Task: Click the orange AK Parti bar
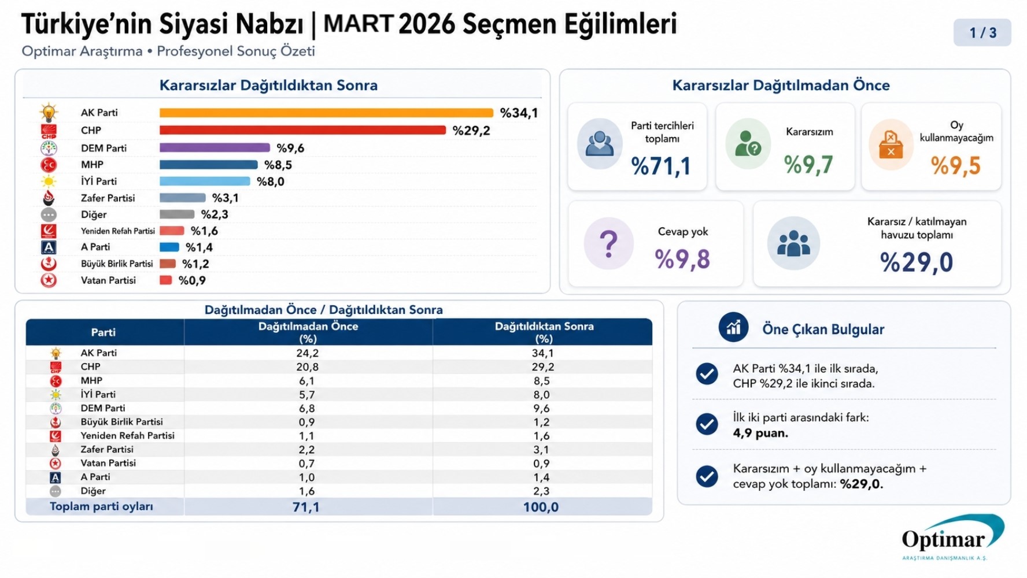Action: (326, 113)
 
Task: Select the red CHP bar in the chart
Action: (302, 130)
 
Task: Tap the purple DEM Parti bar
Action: (215, 148)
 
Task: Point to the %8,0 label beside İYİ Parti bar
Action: (271, 181)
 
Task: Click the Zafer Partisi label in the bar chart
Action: (108, 198)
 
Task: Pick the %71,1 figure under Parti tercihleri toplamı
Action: (661, 166)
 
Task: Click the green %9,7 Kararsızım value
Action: (808, 165)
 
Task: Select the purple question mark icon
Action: (608, 243)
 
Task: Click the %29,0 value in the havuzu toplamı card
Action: (916, 262)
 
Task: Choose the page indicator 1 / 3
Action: (982, 33)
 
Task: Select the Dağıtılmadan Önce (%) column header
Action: (308, 332)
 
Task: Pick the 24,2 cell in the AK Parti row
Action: (307, 353)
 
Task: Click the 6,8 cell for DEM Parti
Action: (306, 408)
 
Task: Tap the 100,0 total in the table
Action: (541, 507)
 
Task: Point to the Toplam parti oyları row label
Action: (101, 506)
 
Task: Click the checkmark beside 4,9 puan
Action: (707, 424)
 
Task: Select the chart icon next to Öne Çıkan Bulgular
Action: (733, 328)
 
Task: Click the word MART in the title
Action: (358, 24)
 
